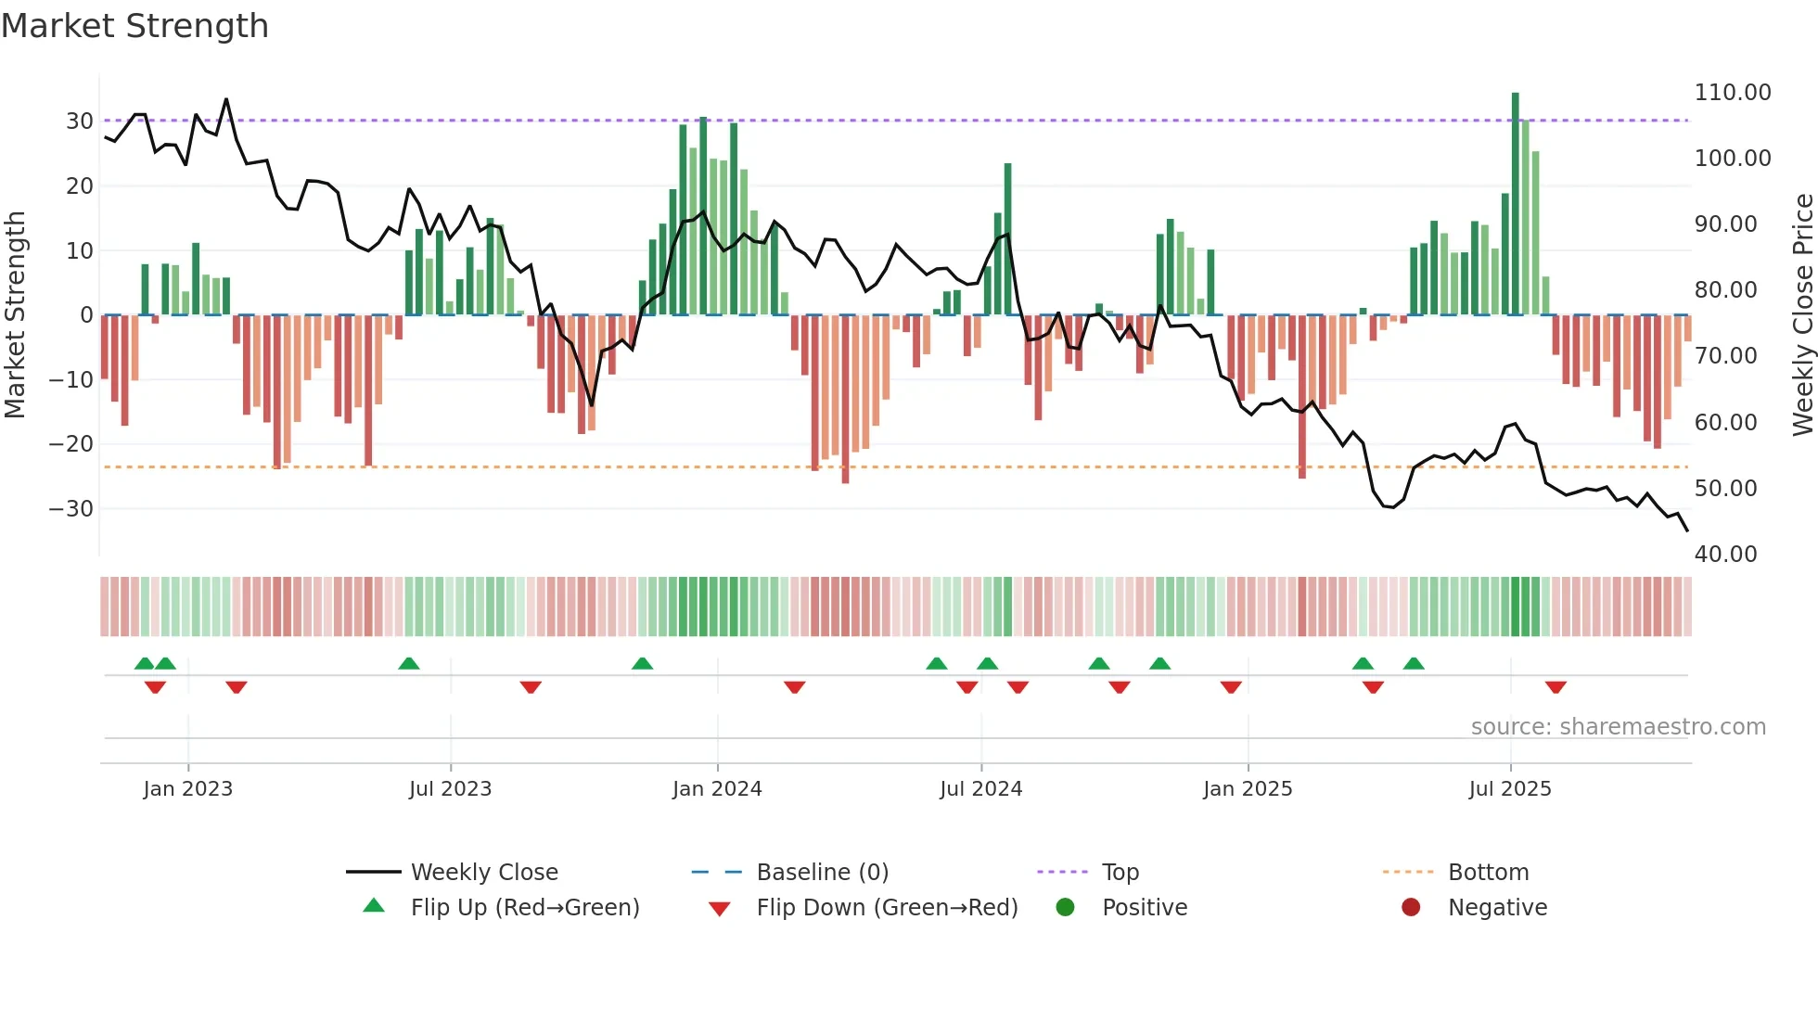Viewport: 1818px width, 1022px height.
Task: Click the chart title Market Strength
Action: click(134, 26)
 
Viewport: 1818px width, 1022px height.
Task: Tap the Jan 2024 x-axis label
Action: click(717, 789)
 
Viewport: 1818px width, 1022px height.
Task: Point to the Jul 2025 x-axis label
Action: click(1509, 789)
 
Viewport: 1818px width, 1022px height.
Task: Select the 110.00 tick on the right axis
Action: click(1732, 93)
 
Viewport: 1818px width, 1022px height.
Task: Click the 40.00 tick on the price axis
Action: click(1725, 555)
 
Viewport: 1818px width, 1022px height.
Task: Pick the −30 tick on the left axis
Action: click(71, 509)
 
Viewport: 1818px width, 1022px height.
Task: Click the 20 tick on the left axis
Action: click(79, 186)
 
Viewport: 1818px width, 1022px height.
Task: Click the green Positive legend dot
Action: click(1066, 907)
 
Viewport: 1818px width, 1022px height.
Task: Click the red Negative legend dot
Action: click(1411, 907)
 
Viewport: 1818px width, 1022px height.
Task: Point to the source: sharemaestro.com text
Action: click(1618, 727)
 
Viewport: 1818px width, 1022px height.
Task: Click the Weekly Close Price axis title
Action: click(1802, 315)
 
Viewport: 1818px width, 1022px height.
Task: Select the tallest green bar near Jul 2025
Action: click(1516, 204)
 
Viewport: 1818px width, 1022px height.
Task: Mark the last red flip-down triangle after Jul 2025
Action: click(1556, 687)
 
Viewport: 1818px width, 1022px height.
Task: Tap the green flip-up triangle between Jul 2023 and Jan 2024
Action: click(642, 663)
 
